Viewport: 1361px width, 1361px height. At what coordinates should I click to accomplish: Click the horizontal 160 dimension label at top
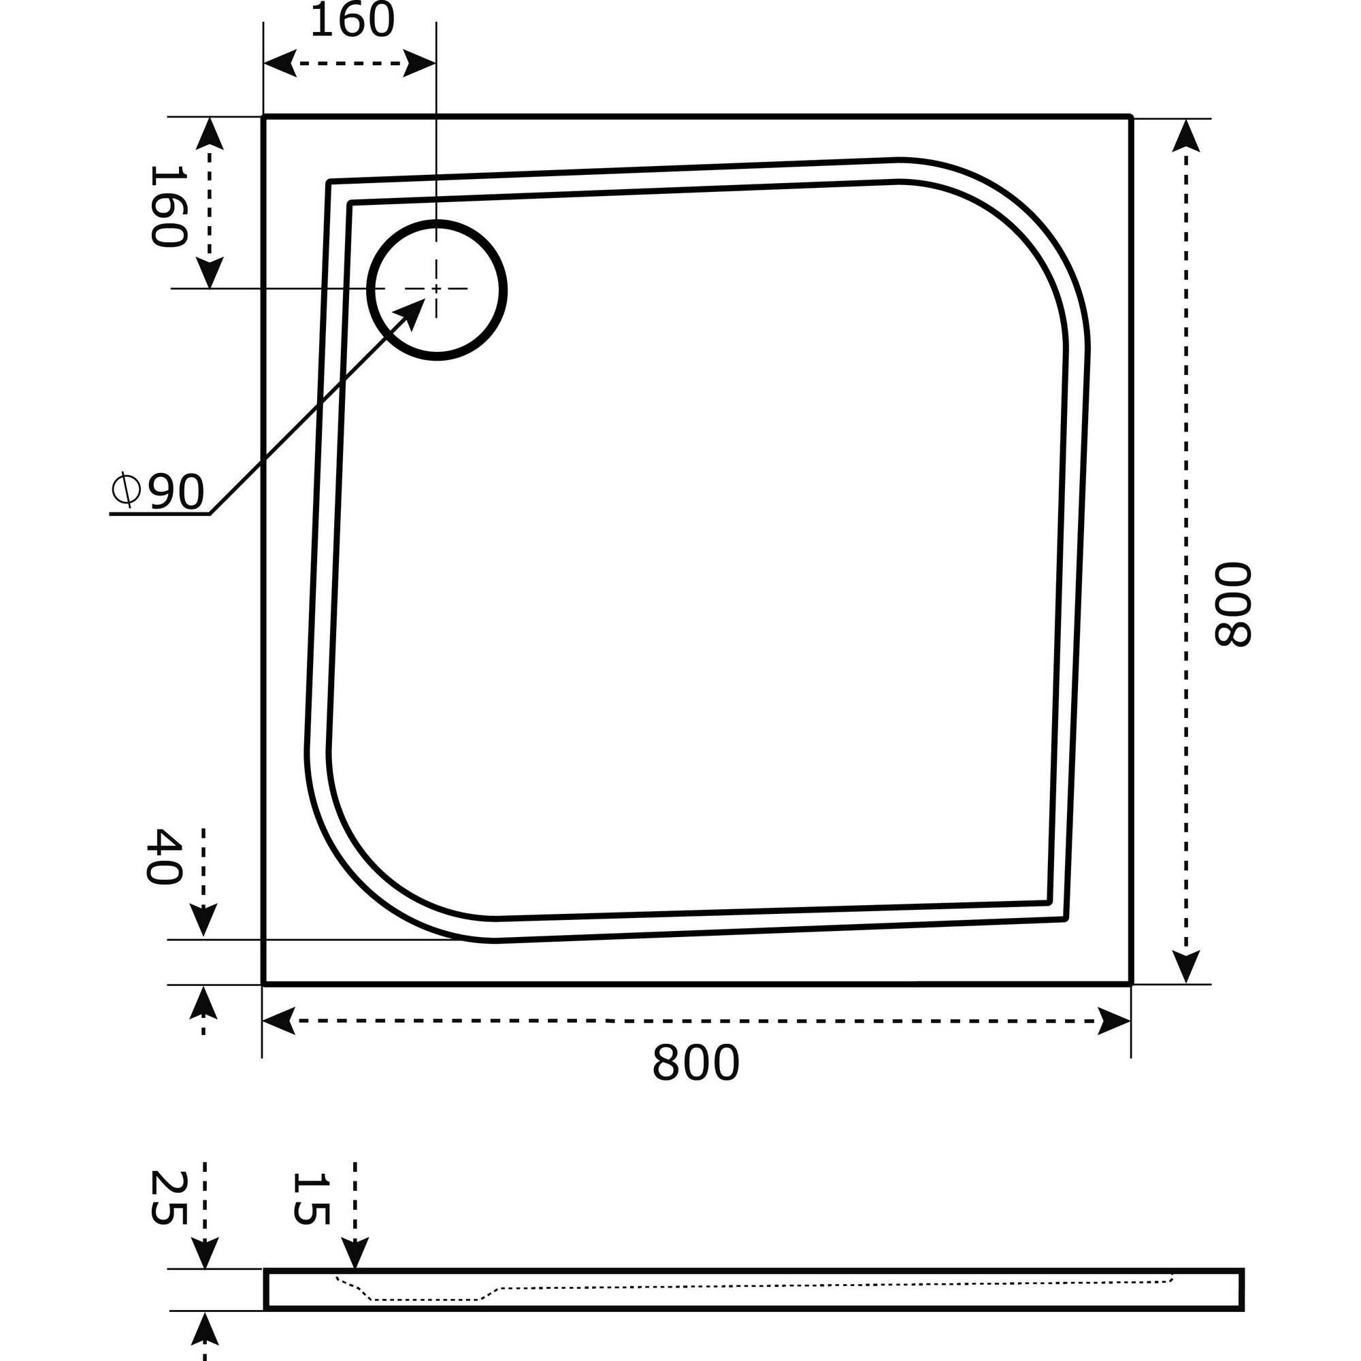click(x=352, y=22)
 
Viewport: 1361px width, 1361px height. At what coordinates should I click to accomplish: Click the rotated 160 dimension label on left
click(x=168, y=207)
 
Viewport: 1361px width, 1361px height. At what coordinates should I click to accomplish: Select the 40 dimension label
click(x=163, y=857)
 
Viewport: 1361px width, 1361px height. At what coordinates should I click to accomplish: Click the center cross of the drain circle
click(x=437, y=289)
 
